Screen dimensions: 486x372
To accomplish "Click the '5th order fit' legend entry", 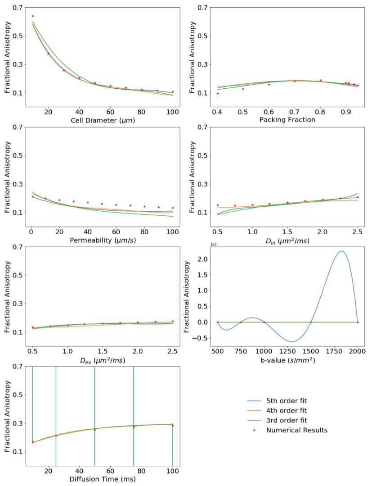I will coord(286,400).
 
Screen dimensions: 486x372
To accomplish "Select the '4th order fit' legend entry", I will coord(286,410).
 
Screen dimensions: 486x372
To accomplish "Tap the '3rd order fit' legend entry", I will coord(286,420).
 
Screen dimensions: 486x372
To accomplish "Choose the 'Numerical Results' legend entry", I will coord(296,430).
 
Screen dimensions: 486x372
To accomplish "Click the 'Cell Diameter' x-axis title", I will coord(102,120).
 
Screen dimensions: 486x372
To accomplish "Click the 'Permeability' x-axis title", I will coord(102,240).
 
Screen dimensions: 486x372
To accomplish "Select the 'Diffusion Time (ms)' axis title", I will coord(102,479).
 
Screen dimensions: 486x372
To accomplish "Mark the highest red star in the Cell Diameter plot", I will coord(32,16).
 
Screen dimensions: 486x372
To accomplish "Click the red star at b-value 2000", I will coord(358,322).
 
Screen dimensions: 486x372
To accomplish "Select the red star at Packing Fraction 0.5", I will coord(243,89).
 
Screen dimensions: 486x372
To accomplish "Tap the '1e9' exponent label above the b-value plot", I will coord(189,244).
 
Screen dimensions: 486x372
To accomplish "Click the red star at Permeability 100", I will coord(173,208).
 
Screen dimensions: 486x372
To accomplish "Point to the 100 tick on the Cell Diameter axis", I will coord(173,112).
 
